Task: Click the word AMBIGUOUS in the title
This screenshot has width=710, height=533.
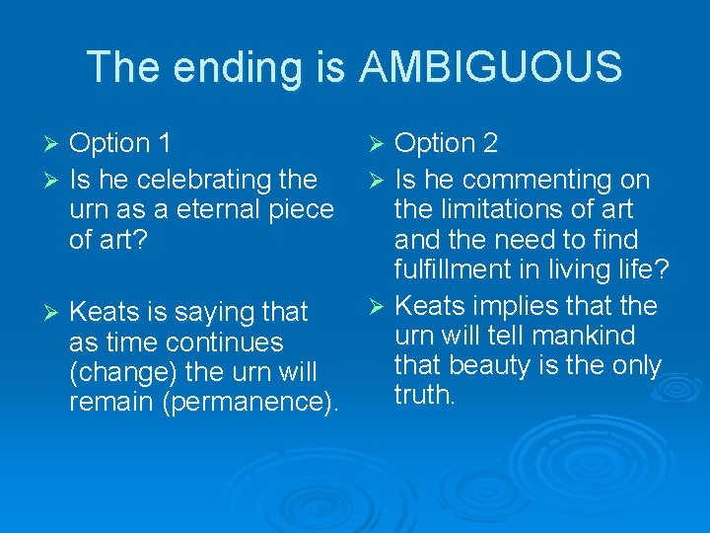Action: point(491,68)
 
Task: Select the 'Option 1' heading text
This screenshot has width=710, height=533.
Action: point(120,143)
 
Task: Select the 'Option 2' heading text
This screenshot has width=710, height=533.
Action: point(446,143)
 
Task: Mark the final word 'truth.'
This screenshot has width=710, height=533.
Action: point(425,395)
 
